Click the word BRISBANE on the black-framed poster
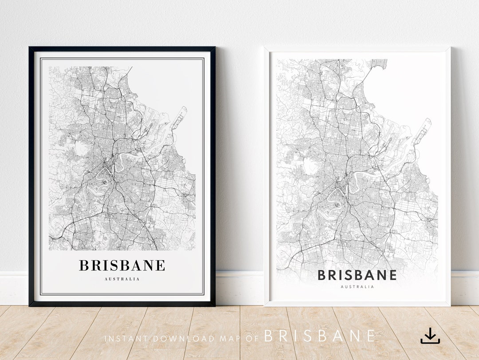coord(122,265)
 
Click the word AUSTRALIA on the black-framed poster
coord(122,279)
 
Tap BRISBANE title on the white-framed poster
coord(357,275)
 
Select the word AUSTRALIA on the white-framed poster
coord(357,287)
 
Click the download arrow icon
coord(430,336)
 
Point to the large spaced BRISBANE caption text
coord(320,336)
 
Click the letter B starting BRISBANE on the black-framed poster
coord(84,265)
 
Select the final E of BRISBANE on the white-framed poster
coord(392,275)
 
